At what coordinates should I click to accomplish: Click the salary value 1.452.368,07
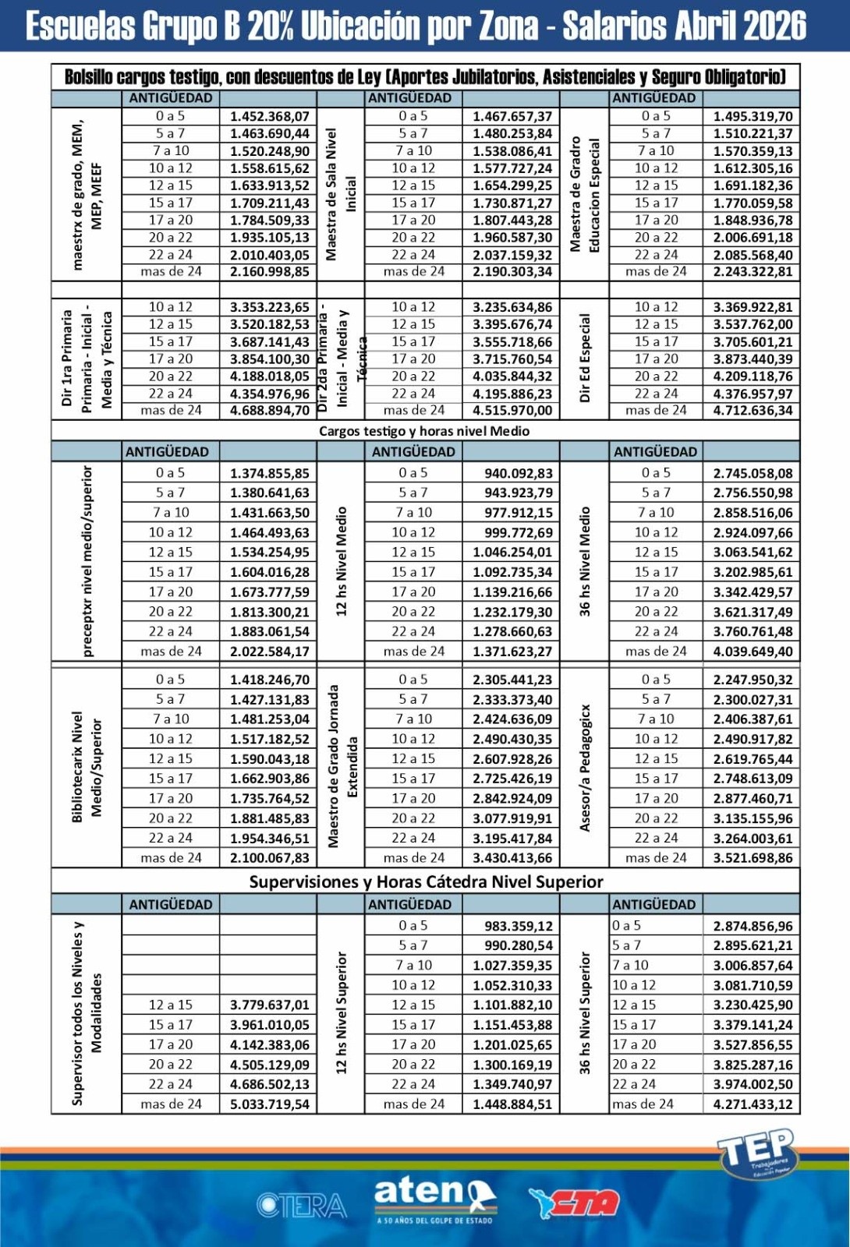pos(269,116)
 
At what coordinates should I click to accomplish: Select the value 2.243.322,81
pos(753,272)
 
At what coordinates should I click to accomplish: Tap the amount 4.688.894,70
pos(269,411)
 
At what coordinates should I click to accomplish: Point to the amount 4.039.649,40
pos(753,652)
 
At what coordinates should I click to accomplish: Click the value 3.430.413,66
pos(512,858)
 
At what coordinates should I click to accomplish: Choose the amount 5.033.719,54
pos(269,1104)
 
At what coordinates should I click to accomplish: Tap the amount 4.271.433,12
pos(753,1104)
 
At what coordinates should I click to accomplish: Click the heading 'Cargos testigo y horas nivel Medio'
pos(424,431)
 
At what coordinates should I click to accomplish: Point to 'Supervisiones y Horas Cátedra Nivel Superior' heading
pos(426,881)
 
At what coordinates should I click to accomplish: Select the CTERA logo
pos(301,1205)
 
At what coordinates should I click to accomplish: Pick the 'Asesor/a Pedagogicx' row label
pos(585,768)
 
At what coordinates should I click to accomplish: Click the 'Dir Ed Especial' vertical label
pos(585,359)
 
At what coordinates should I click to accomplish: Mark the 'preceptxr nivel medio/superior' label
pos(87,561)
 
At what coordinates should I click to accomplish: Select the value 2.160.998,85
pos(269,272)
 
